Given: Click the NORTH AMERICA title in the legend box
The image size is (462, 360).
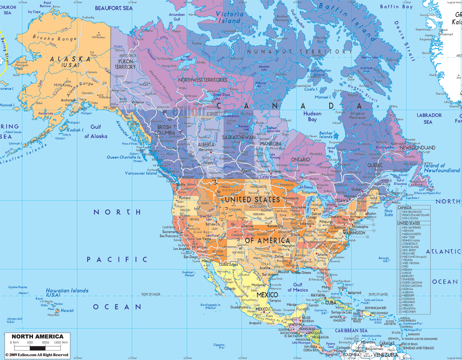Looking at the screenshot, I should [37, 336].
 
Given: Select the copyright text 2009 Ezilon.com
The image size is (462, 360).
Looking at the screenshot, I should [37, 355].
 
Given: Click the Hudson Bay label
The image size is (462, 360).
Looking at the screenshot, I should [312, 116].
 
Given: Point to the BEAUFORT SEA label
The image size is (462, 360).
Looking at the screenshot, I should [114, 8].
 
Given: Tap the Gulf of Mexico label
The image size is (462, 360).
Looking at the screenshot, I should [297, 287].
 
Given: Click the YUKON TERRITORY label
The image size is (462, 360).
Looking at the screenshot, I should [125, 64].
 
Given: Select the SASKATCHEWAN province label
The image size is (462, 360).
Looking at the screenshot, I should [239, 137].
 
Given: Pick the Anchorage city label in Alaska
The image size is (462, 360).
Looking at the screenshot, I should [68, 100].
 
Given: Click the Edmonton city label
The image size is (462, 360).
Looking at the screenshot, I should [206, 150].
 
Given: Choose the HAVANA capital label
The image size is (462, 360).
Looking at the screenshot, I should [318, 295].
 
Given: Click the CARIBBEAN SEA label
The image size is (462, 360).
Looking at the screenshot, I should [351, 331].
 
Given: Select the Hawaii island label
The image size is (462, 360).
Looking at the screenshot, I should [67, 311].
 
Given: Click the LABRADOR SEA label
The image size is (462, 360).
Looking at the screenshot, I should [429, 118].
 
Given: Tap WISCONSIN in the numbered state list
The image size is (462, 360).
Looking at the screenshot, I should [409, 312].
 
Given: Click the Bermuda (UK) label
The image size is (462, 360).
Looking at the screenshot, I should [384, 260].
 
